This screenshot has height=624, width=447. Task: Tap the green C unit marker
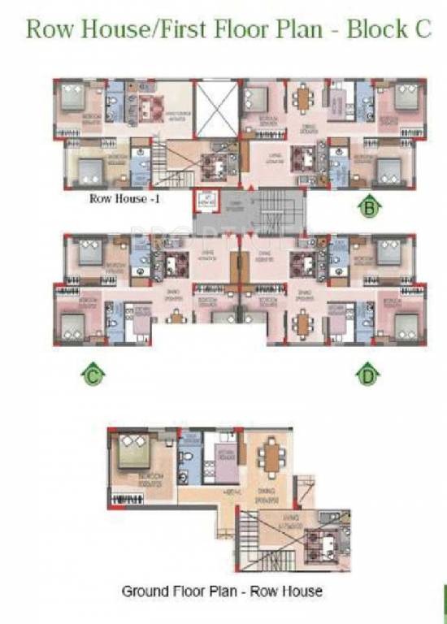click(93, 375)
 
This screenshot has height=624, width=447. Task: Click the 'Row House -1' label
click(118, 198)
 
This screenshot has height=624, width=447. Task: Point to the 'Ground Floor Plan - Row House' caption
click(221, 591)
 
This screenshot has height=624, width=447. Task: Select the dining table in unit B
click(303, 100)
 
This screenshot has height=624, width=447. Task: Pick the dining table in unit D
click(303, 323)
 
